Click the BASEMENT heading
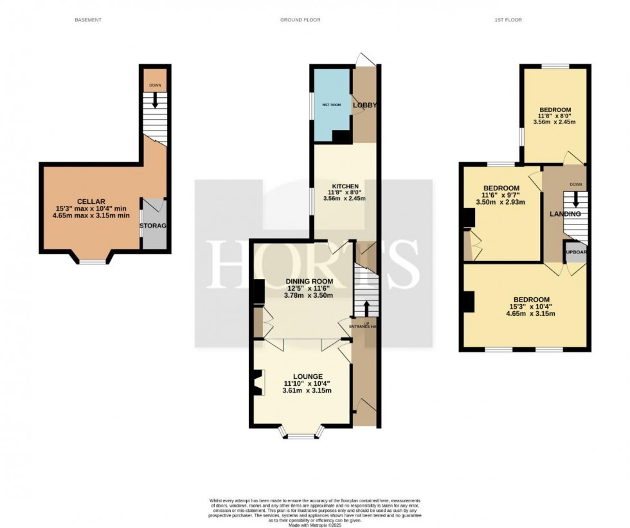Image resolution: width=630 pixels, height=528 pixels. pyautogui.click(x=88, y=20)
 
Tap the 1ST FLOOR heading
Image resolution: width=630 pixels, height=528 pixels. pyautogui.click(x=508, y=20)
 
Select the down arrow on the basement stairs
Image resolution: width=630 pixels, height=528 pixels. pyautogui.click(x=155, y=100)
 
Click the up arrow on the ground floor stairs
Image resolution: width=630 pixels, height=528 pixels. pyautogui.click(x=366, y=307)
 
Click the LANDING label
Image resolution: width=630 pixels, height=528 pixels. pyautogui.click(x=564, y=214)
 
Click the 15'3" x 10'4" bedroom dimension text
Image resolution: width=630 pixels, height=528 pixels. pyautogui.click(x=530, y=307)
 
